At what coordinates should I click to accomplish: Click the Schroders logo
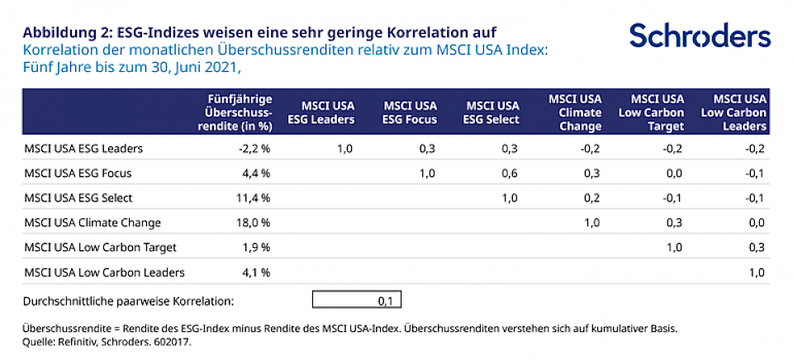point(700,36)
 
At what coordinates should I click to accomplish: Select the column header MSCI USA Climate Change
point(576,112)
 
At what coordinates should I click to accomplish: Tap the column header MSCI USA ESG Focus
point(411,112)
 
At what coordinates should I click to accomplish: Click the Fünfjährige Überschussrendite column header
point(240,112)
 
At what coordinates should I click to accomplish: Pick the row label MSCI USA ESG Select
point(78,198)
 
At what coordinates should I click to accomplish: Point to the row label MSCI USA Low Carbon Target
point(101,247)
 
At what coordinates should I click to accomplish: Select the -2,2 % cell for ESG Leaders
point(254,149)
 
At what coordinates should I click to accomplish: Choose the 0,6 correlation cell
point(510,173)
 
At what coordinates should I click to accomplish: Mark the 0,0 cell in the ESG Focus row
point(674,173)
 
